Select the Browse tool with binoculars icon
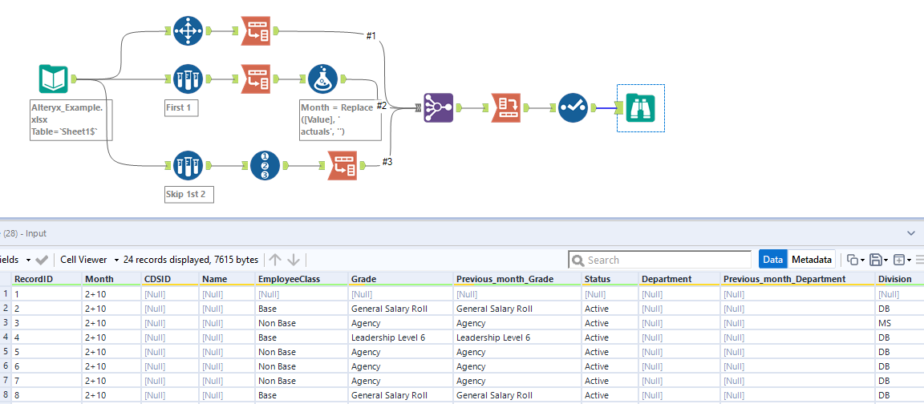click(x=640, y=107)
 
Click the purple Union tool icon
click(x=438, y=107)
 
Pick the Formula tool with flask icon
click(x=322, y=79)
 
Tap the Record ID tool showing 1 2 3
click(x=265, y=166)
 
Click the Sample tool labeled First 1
click(x=187, y=79)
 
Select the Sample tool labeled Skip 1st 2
click(x=187, y=166)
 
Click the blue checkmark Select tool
click(x=573, y=107)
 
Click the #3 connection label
click(x=387, y=162)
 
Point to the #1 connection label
click(x=371, y=36)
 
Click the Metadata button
click(x=811, y=260)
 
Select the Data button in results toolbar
click(x=772, y=260)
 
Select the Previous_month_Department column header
click(x=784, y=279)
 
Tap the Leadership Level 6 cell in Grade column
click(x=388, y=337)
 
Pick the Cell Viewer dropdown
click(x=89, y=260)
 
